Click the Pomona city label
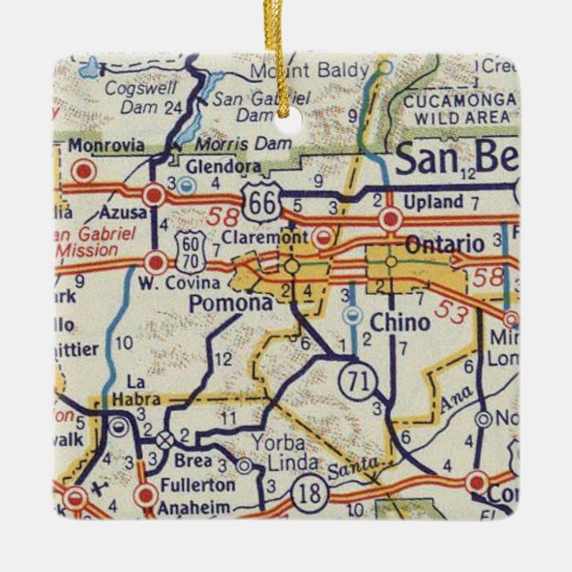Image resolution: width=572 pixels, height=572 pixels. pos(230,303)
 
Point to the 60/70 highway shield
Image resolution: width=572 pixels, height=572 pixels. pos(195,249)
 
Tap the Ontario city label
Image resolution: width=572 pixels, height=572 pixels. pos(444,243)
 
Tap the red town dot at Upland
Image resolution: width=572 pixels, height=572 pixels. pos(388,219)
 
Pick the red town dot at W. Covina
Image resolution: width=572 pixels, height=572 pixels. pos(156,262)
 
